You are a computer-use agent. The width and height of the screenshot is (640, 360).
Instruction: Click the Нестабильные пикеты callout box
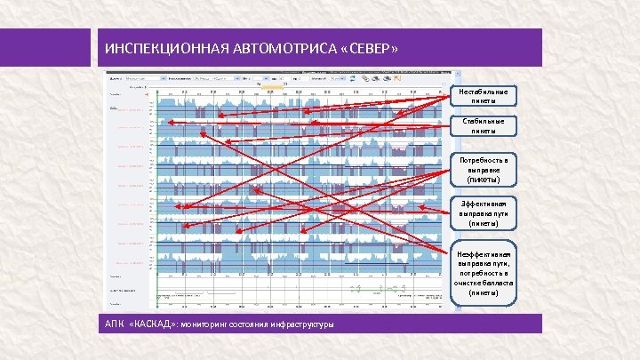[483, 97]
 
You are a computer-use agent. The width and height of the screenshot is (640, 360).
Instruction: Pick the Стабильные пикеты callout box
[483, 125]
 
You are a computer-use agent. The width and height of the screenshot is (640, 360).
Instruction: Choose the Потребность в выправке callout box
[483, 170]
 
